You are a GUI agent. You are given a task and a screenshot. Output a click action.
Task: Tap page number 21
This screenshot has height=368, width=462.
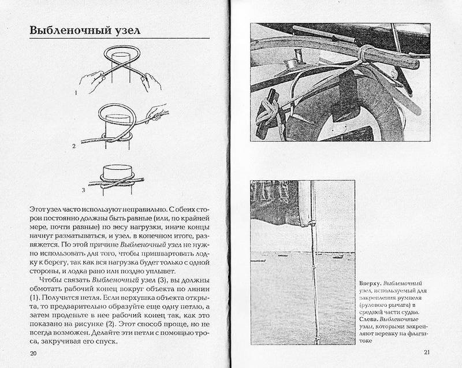(428, 352)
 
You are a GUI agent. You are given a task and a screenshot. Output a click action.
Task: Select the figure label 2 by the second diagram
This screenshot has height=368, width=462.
(74, 147)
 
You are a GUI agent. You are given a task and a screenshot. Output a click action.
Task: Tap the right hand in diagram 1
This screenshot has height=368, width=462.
(151, 80)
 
